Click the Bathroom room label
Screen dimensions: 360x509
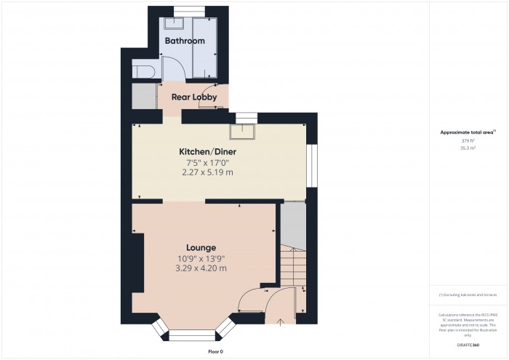coord(185,41)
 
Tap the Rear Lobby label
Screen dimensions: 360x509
coord(191,95)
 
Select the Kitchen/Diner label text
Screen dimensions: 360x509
coord(208,151)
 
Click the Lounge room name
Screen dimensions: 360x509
coord(201,247)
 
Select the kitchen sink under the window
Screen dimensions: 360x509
coord(241,131)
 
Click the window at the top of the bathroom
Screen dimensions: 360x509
coord(185,9)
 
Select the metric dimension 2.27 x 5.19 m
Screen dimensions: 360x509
coord(208,172)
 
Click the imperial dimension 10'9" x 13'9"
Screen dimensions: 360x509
coord(201,258)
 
